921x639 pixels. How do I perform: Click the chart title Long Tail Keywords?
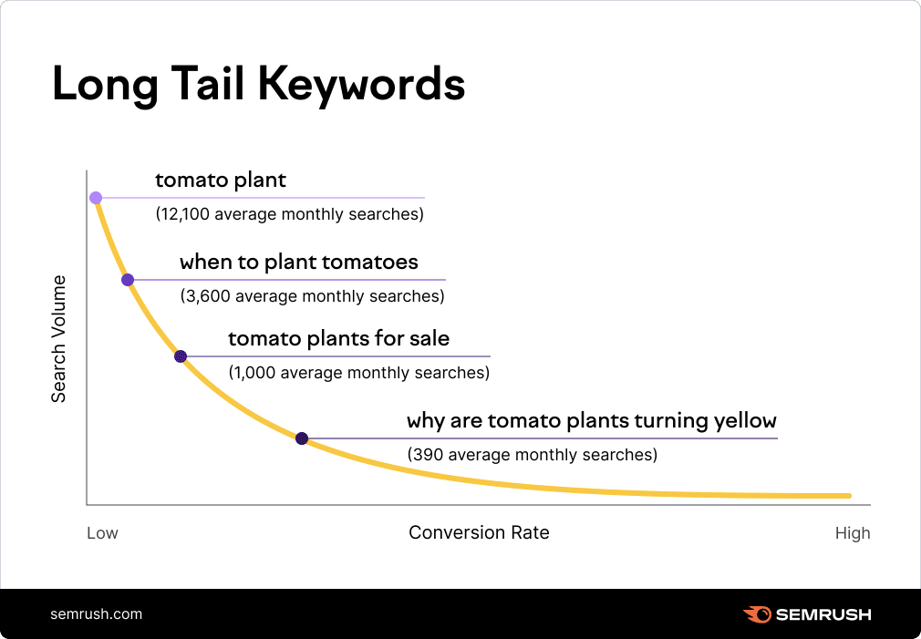(x=258, y=85)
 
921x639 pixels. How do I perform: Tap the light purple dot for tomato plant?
(x=96, y=198)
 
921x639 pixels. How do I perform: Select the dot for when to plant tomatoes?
(x=128, y=280)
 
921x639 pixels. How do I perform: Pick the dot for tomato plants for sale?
(x=181, y=356)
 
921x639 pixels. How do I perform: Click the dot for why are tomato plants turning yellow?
(x=302, y=438)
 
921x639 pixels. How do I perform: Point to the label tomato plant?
(x=221, y=180)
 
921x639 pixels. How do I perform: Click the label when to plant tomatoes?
(x=298, y=263)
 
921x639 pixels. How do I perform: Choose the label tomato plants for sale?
(x=338, y=339)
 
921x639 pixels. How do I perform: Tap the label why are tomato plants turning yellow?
(x=591, y=421)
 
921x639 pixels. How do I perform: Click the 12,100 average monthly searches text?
(x=290, y=215)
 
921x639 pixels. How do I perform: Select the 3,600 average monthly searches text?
(x=312, y=296)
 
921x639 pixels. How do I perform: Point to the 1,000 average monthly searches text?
(x=358, y=373)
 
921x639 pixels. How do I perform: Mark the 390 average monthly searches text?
(x=532, y=454)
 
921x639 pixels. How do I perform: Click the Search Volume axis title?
(x=59, y=338)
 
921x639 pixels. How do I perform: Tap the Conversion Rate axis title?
(x=479, y=532)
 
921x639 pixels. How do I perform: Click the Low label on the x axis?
(x=102, y=533)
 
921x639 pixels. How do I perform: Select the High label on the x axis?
(x=853, y=533)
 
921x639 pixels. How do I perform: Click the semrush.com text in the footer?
(x=97, y=613)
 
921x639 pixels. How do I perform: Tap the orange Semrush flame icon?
(x=756, y=614)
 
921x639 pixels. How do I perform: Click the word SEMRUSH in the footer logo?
(x=823, y=614)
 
